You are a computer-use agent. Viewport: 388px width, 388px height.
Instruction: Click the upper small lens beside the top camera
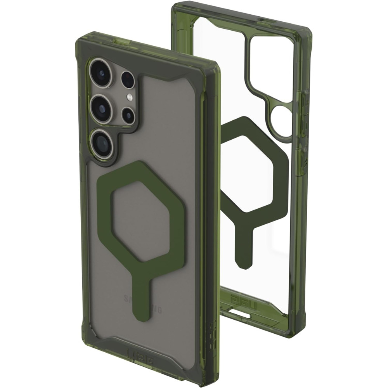[x=128, y=79]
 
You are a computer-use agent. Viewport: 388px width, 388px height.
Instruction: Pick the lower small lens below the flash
[x=128, y=114]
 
